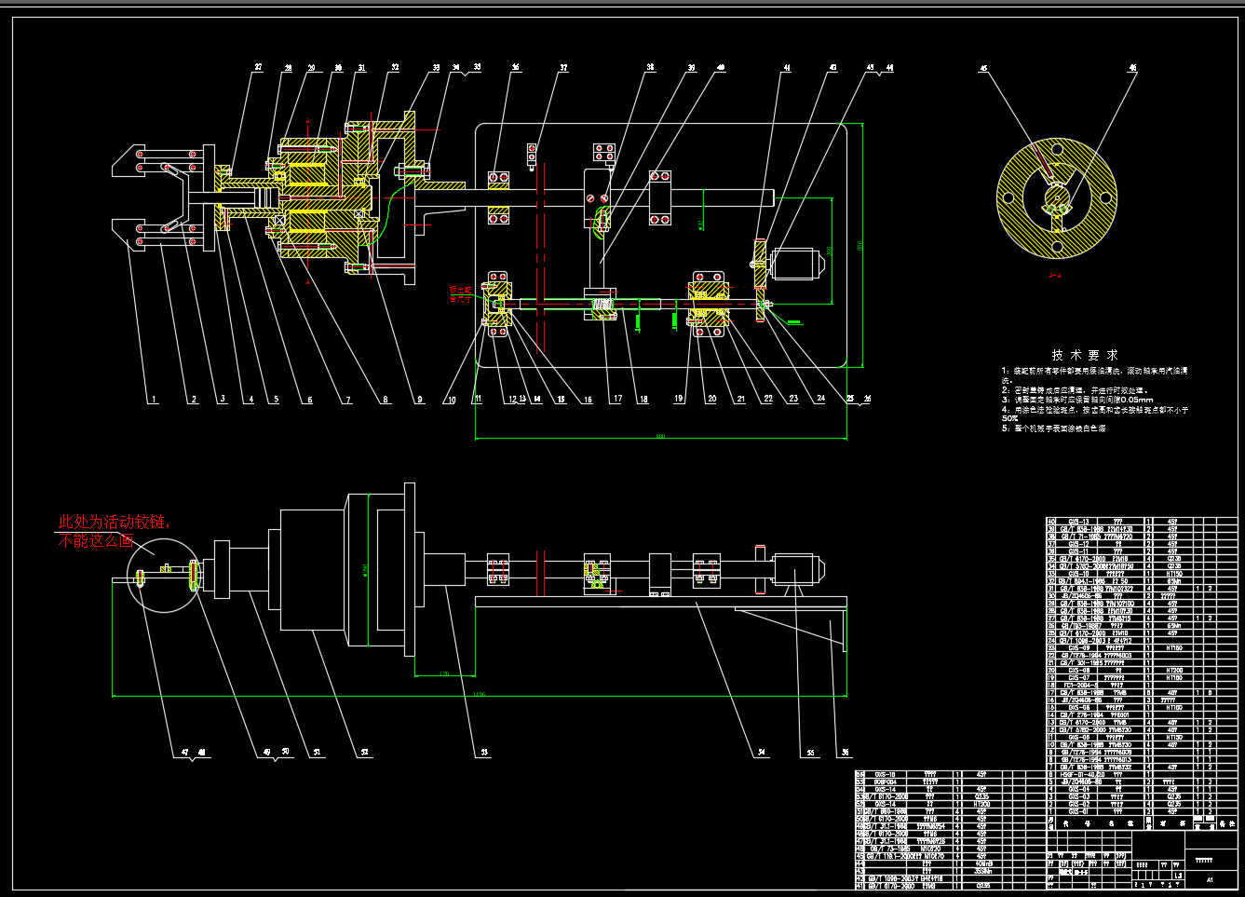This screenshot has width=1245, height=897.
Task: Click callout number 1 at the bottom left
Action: pos(155,400)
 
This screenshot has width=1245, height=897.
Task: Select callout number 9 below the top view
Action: pos(420,400)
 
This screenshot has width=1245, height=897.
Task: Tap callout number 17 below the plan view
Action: pos(617,399)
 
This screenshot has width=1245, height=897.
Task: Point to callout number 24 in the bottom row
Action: pos(820,399)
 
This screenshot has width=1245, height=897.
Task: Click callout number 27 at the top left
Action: pos(258,67)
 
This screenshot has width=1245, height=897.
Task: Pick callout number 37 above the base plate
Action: pos(563,67)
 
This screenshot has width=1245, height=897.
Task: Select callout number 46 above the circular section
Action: pos(1133,67)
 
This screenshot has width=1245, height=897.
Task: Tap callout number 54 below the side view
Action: pos(762,752)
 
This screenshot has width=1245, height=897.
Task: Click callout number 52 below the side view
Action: pos(364,752)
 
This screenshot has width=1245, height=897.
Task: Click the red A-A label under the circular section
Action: pos(1056,276)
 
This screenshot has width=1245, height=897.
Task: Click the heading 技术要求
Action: pos(1085,355)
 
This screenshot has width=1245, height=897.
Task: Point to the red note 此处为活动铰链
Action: pos(114,522)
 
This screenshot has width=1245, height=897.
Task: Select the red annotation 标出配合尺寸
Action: pos(461,295)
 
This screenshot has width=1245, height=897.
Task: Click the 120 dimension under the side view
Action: pos(443,673)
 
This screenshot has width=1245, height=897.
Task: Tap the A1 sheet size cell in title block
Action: pos(1210,879)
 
